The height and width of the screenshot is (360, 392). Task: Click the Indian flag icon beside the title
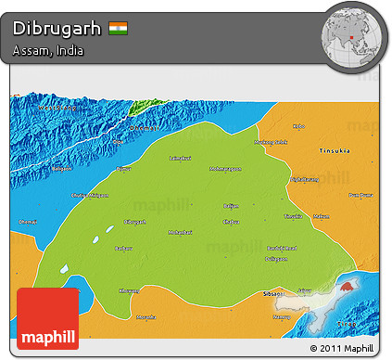pos(119,28)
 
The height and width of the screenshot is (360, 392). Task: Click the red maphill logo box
pos(48,317)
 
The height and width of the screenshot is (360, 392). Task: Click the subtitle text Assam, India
pos(48,50)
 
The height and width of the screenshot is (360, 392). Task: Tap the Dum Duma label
pos(362,196)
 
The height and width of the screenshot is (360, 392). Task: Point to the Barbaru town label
pos(122,248)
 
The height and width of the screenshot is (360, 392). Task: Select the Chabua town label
pos(232,221)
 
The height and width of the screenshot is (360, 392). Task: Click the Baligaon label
pos(60,169)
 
